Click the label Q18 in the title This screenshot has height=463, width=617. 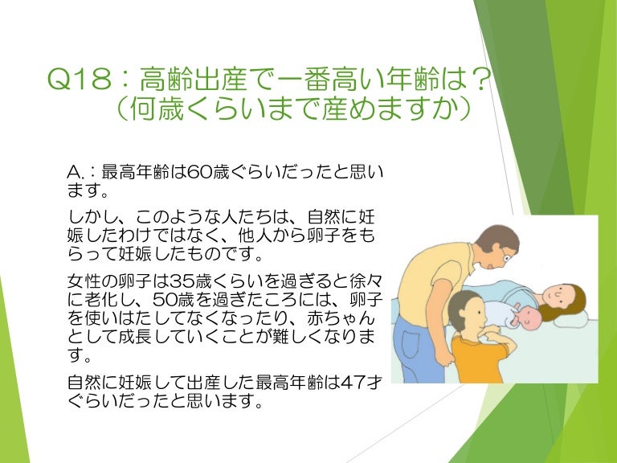coord(80,79)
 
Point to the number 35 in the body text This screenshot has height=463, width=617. coord(182,282)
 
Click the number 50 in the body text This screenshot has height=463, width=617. coord(165,301)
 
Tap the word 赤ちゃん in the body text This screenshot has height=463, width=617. coord(341,319)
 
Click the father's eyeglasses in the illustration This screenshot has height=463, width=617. coord(505,256)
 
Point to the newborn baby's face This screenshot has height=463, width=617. coord(526,316)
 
